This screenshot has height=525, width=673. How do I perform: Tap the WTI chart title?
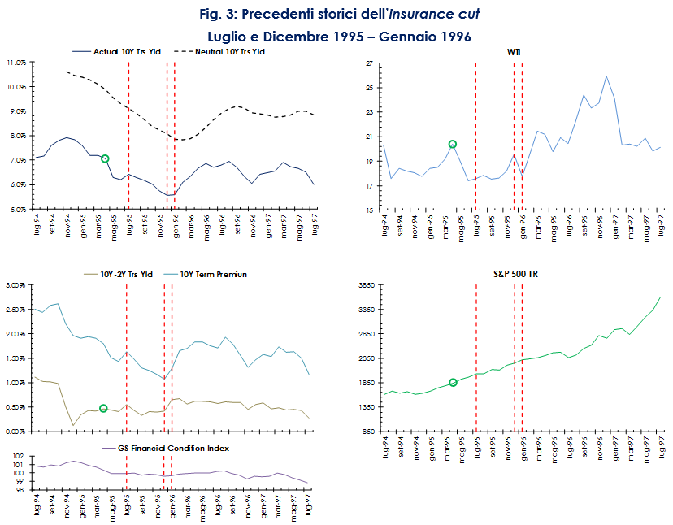coord(515,52)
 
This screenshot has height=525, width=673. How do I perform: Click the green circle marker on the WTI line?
coord(453,145)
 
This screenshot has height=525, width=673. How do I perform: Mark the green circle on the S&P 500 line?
coord(453,383)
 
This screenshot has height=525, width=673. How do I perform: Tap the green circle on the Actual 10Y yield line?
coord(105,159)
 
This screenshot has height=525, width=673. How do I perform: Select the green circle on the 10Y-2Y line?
coord(103,409)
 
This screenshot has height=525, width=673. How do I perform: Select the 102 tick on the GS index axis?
coord(20,458)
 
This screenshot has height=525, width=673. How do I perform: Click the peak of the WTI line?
coord(606,76)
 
